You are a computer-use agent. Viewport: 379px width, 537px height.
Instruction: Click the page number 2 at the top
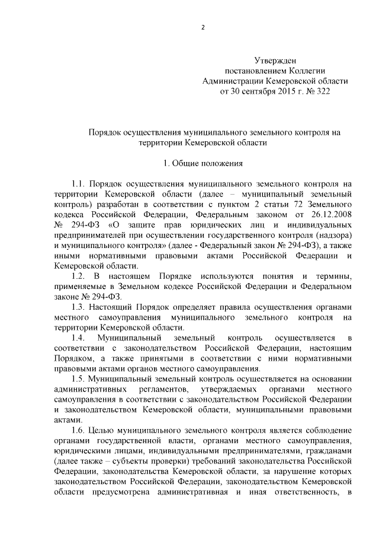tap(203, 27)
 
